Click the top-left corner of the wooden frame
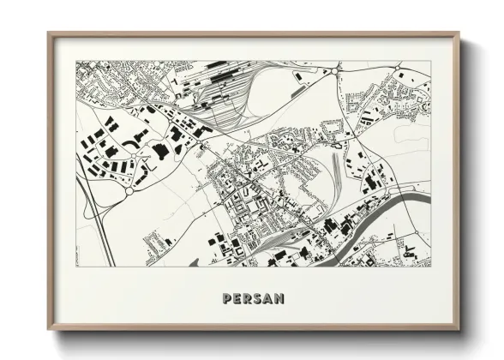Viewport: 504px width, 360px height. pyautogui.click(x=49, y=34)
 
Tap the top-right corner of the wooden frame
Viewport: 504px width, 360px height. pyautogui.click(x=459, y=34)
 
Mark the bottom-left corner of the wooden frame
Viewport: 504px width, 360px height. pyautogui.click(x=49, y=329)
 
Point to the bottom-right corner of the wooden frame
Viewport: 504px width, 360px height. pyautogui.click(x=459, y=329)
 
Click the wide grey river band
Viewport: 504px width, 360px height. pyautogui.click(x=403, y=207)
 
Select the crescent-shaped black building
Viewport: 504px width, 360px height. pyautogui.click(x=130, y=137)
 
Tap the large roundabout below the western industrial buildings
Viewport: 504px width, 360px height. pyautogui.click(x=129, y=190)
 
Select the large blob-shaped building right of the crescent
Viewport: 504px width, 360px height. pyautogui.click(x=159, y=151)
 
